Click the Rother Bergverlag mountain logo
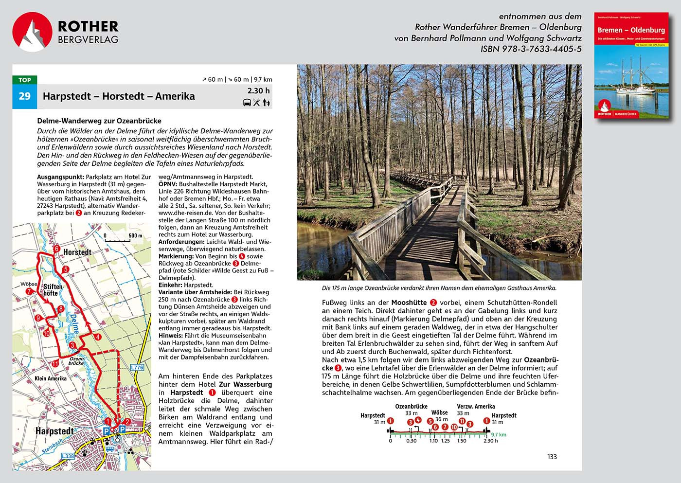pyautogui.click(x=32, y=32)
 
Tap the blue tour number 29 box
pyautogui.click(x=24, y=96)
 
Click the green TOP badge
pyautogui.click(x=24, y=80)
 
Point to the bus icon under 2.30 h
pyautogui.click(x=247, y=103)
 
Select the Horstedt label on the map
pyautogui.click(x=77, y=252)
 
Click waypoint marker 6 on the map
pyautogui.click(x=56, y=249)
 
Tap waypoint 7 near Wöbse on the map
pyautogui.click(x=29, y=291)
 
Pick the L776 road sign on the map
pyautogui.click(x=137, y=367)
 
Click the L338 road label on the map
pyautogui.click(x=68, y=456)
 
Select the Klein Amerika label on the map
pyautogui.click(x=51, y=378)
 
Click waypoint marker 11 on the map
pyautogui.click(x=55, y=363)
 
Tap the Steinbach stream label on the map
pyautogui.click(x=52, y=446)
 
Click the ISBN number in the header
pyautogui.click(x=531, y=49)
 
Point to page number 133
pyautogui.click(x=552, y=457)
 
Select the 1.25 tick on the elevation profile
pyautogui.click(x=446, y=441)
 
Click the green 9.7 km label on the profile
pyautogui.click(x=499, y=435)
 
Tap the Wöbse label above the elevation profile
pyautogui.click(x=439, y=412)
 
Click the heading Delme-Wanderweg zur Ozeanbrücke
pyautogui.click(x=99, y=121)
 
